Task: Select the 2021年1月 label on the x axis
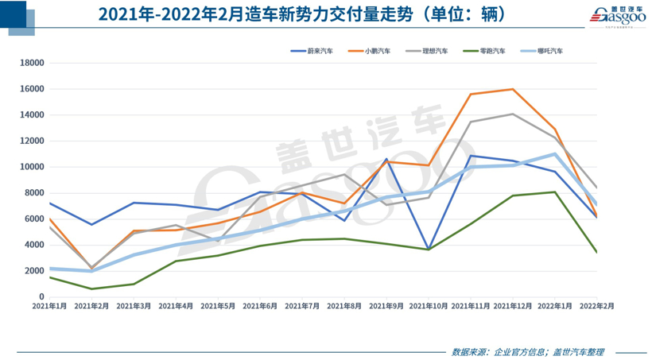pos(49,305)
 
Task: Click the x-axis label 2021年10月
pos(429,305)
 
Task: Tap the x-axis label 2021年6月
pos(260,305)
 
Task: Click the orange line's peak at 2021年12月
pos(513,89)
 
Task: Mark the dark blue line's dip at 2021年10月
pos(429,250)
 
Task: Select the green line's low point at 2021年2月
pos(91,288)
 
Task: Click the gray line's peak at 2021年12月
pos(513,114)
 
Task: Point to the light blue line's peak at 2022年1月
pos(555,153)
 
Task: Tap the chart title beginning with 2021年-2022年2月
pos(301,15)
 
